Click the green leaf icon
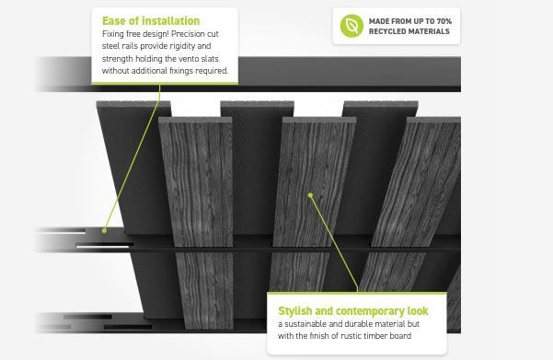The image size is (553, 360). (x=351, y=26)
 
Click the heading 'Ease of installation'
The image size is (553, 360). (x=151, y=21)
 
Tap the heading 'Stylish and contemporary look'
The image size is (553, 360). (x=353, y=311)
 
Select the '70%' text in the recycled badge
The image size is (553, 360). (x=444, y=21)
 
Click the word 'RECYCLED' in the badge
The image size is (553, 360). (x=386, y=31)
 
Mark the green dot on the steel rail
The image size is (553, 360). (x=104, y=230)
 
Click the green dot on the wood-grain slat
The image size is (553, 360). (x=310, y=195)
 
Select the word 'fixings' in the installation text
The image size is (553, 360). (x=181, y=71)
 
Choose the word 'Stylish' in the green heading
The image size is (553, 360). (x=295, y=311)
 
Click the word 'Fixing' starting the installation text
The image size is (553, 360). (x=113, y=34)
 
